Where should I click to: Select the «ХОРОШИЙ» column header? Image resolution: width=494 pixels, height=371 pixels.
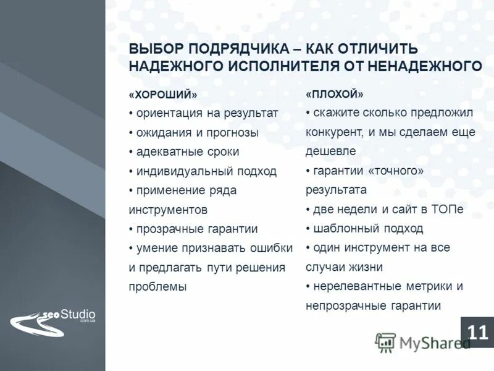coord(163,95)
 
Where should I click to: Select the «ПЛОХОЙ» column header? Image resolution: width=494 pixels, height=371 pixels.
coord(335,95)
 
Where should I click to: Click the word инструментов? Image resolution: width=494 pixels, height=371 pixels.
coord(168,210)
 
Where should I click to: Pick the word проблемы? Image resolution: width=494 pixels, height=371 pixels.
coord(157,286)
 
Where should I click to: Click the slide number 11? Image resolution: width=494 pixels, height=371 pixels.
coord(477,332)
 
